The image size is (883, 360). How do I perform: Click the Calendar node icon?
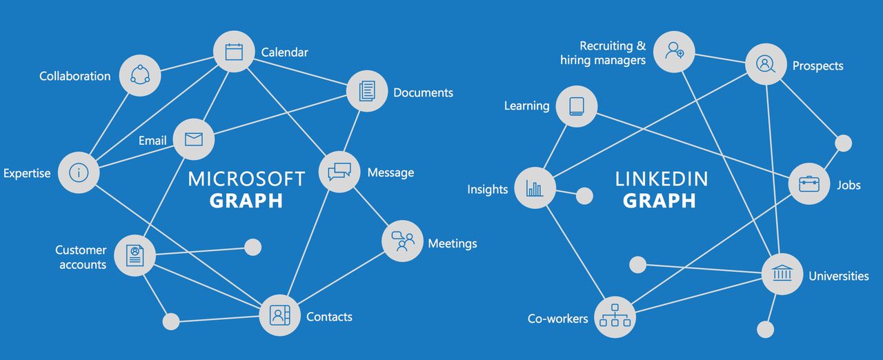[234, 52]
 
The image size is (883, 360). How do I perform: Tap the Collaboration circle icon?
[140, 75]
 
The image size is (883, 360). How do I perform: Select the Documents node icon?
[367, 91]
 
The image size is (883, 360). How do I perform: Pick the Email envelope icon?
[194, 139]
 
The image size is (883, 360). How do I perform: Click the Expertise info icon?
[79, 172]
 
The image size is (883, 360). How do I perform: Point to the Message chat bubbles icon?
[339, 172]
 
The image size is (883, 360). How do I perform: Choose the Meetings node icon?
[402, 241]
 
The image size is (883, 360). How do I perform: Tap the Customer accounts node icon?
[135, 256]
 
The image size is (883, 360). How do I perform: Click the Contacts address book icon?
[279, 316]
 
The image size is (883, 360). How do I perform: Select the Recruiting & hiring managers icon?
[674, 50]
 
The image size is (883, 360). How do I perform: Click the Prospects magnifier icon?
[766, 64]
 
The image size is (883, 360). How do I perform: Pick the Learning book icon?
[577, 106]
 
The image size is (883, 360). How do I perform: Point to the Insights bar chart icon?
[535, 188]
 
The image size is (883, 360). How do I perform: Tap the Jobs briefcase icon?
[809, 183]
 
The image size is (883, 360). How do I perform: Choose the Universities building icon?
[782, 274]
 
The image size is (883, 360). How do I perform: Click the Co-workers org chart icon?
[615, 317]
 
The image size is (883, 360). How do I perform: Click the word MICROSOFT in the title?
[246, 179]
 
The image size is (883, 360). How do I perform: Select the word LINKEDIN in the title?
[662, 179]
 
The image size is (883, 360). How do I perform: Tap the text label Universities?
[838, 276]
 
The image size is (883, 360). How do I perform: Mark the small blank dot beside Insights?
[584, 196]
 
